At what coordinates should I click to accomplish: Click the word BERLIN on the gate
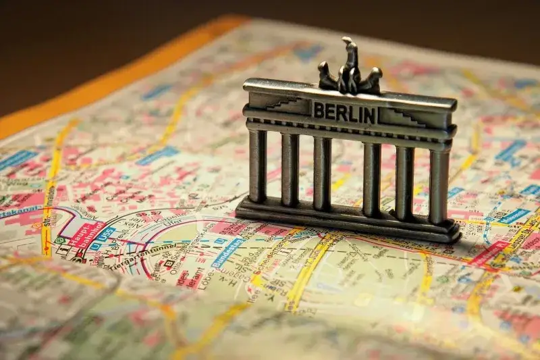pos(344,112)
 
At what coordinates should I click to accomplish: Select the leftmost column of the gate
pos(257,165)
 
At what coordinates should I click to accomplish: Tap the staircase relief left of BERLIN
pos(287,104)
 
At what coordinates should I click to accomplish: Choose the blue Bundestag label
pos(227,252)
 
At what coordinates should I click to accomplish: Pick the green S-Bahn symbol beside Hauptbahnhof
pos(59,240)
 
